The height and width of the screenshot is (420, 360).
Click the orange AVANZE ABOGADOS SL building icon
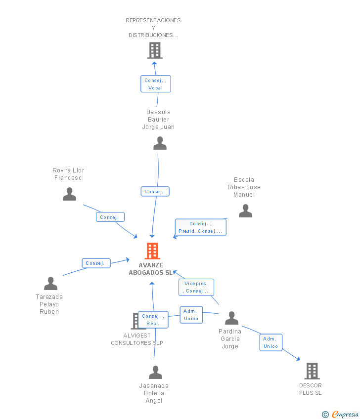(x=152, y=251)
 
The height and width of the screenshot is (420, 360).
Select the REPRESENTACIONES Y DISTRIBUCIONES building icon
(x=155, y=50)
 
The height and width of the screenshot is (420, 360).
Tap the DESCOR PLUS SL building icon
(x=312, y=371)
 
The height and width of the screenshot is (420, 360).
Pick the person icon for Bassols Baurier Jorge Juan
(x=160, y=143)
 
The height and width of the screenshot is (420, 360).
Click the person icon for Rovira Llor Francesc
(x=69, y=194)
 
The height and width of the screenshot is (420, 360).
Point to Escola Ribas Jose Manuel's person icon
(x=246, y=210)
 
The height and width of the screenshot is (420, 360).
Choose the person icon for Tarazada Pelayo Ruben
(x=50, y=284)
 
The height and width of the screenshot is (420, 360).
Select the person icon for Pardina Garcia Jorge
(x=231, y=318)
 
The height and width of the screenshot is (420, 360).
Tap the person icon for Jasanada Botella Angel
(x=155, y=373)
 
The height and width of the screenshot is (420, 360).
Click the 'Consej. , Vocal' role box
(x=156, y=84)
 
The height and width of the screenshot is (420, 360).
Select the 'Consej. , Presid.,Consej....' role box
(x=200, y=227)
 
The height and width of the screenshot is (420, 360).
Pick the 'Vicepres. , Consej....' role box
(x=196, y=287)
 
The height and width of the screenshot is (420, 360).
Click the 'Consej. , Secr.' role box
(x=153, y=320)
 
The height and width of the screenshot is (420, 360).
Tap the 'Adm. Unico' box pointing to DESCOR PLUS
(x=270, y=342)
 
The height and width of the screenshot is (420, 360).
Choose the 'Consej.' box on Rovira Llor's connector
(x=110, y=217)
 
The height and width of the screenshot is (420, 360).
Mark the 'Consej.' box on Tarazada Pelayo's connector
(x=96, y=263)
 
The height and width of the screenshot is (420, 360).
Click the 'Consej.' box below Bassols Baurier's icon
(x=155, y=191)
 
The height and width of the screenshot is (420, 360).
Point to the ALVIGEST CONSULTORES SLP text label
(x=137, y=339)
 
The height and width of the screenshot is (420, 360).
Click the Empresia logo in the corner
(x=340, y=415)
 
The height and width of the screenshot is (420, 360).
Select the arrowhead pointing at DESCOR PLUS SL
(x=298, y=359)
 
